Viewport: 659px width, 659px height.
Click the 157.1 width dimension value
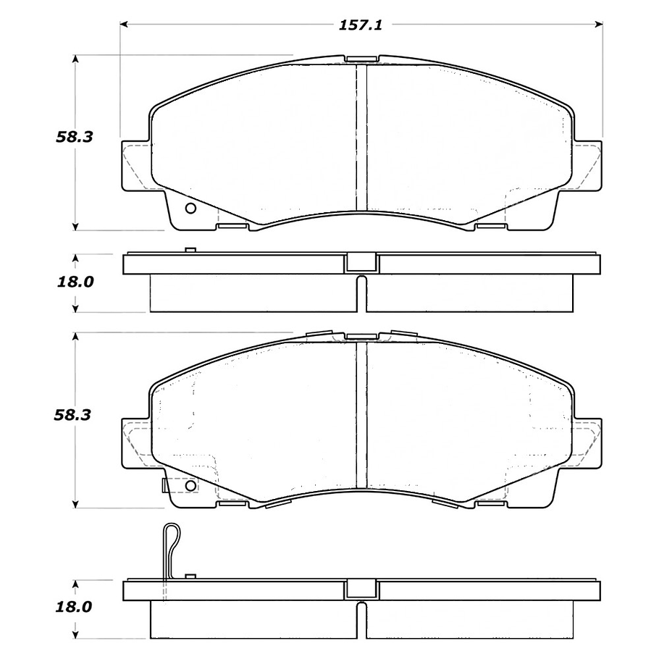(361, 25)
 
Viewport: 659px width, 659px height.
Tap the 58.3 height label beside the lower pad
(75, 415)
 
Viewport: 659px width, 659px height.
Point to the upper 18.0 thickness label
(75, 282)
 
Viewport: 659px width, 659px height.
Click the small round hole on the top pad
(190, 209)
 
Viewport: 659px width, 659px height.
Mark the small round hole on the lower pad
(190, 486)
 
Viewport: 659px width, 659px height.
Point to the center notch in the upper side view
(361, 263)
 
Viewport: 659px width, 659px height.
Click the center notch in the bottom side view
(361, 588)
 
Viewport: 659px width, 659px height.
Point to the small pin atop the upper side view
(190, 251)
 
